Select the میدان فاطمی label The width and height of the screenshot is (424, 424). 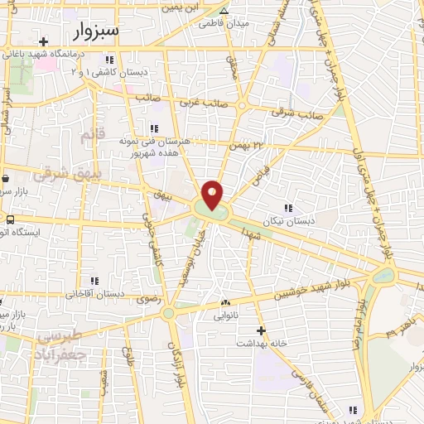(x=224, y=24)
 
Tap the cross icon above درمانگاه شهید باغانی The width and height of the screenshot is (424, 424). (x=43, y=40)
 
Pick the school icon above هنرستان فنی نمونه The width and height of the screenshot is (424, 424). (x=153, y=128)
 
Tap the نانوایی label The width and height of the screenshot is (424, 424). (x=225, y=316)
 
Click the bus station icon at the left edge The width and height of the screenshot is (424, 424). (x=10, y=220)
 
